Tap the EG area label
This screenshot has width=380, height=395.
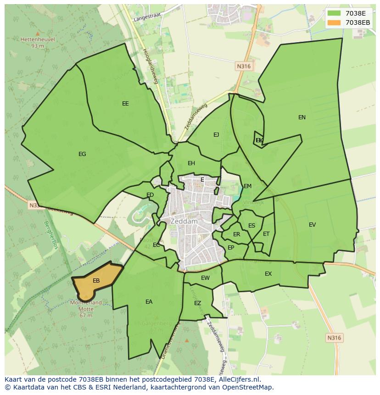coord(82,154)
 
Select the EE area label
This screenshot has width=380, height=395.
coord(125,104)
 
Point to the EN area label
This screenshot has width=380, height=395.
coord(302,117)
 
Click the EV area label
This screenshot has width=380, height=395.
coord(312,225)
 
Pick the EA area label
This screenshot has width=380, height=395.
coord(149,302)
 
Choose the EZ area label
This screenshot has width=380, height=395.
coord(197,303)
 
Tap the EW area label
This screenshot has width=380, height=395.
coord(205,278)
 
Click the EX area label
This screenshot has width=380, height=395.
coord(268,274)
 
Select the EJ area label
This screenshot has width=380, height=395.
coord(216,135)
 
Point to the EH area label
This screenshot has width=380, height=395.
coord(191,163)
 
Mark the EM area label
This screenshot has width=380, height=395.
coord(247,186)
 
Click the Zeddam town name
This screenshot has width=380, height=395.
coord(184,221)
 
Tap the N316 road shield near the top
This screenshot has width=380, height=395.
coord(244,67)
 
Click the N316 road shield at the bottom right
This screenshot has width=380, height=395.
coord(334,338)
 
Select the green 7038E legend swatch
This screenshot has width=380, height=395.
coord(334,13)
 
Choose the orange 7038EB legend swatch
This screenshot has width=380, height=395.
coord(334,22)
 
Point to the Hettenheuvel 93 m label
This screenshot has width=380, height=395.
coord(38,42)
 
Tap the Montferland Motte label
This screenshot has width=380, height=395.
coord(86,306)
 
